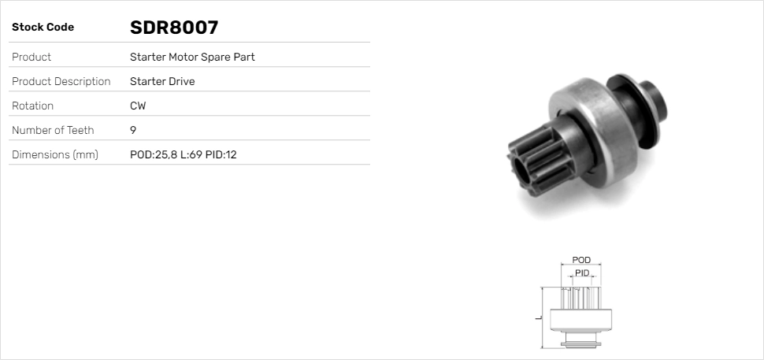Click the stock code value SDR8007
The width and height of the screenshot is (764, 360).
pyautogui.click(x=173, y=28)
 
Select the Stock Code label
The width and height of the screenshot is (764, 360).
pyautogui.click(x=43, y=28)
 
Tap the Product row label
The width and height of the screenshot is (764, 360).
pyautogui.click(x=32, y=57)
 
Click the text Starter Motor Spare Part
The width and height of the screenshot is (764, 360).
pyautogui.click(x=192, y=57)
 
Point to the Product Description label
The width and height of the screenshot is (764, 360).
pyautogui.click(x=61, y=81)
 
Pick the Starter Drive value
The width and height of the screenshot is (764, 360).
pyautogui.click(x=162, y=81)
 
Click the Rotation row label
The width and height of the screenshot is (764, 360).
pyautogui.click(x=32, y=106)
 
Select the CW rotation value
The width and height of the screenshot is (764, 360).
pyautogui.click(x=138, y=106)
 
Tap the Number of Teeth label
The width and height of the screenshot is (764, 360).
pyautogui.click(x=53, y=130)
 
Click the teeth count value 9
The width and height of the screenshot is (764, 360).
pyautogui.click(x=133, y=130)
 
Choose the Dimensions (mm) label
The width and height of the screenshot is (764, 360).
pyautogui.click(x=54, y=154)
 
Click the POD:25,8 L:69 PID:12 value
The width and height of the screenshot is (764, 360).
pyautogui.click(x=183, y=154)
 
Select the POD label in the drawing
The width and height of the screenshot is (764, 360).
pyautogui.click(x=581, y=260)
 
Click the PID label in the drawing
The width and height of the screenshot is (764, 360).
pyautogui.click(x=582, y=273)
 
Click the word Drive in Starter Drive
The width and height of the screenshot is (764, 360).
pyautogui.click(x=180, y=81)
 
